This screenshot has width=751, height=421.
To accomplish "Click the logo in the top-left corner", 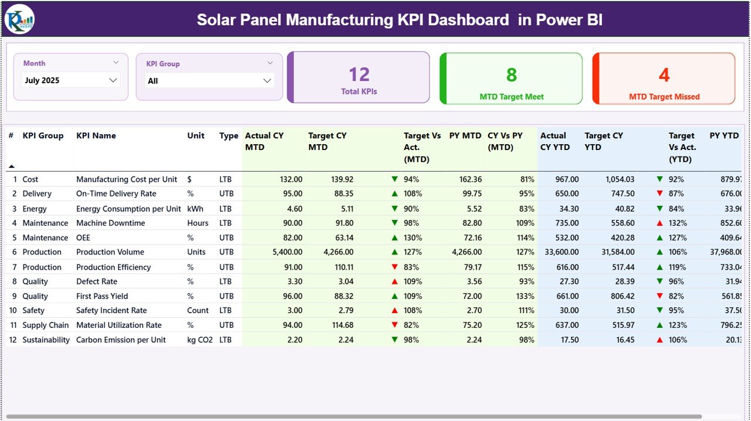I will pyautogui.click(x=19, y=19).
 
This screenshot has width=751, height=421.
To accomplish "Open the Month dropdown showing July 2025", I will pyautogui.click(x=113, y=80).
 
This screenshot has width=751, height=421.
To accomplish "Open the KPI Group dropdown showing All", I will pyautogui.click(x=267, y=81).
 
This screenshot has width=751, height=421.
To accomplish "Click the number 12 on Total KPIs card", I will pyautogui.click(x=359, y=74).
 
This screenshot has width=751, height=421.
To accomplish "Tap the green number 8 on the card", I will pyautogui.click(x=511, y=75).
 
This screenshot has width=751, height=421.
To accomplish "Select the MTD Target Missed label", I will pyautogui.click(x=664, y=97).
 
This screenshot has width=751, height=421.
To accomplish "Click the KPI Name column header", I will pyautogui.click(x=96, y=135).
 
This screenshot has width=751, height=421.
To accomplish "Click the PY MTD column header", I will pyautogui.click(x=465, y=135).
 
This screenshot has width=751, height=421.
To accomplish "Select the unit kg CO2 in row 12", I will pyautogui.click(x=200, y=339).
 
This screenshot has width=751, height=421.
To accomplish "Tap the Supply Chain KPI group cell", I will pyautogui.click(x=46, y=325).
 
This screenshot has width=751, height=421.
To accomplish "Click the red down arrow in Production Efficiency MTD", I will pyautogui.click(x=395, y=267).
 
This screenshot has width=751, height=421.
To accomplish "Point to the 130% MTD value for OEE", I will pyautogui.click(x=412, y=237).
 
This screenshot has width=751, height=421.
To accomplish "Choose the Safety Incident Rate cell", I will pyautogui.click(x=111, y=310).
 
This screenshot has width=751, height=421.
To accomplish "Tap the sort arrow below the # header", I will pyautogui.click(x=11, y=167).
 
